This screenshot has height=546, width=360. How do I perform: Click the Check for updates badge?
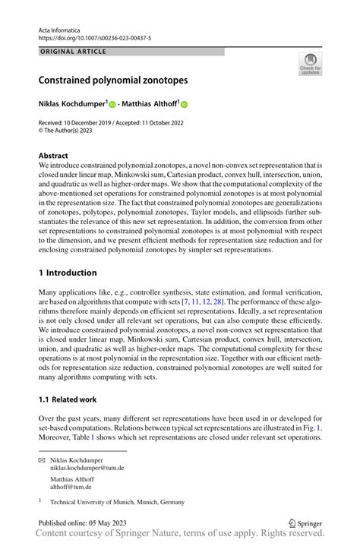point(309,65)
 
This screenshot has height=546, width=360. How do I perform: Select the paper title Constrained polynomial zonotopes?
point(114,79)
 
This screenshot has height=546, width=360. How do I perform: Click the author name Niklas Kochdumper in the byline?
point(73,104)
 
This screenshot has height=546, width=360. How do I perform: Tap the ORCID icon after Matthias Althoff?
point(184,104)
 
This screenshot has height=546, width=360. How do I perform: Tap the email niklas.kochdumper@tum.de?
point(87,469)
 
